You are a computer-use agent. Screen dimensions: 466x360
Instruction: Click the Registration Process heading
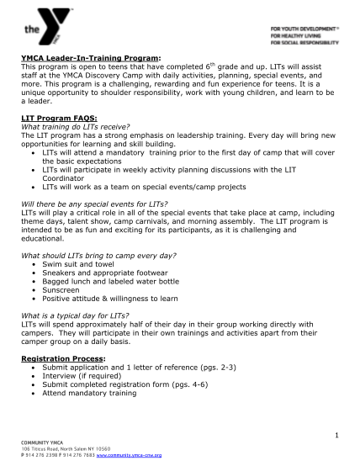pyautogui.click(x=63, y=357)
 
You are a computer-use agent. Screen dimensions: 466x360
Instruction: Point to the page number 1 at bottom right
pyautogui.click(x=335, y=435)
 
